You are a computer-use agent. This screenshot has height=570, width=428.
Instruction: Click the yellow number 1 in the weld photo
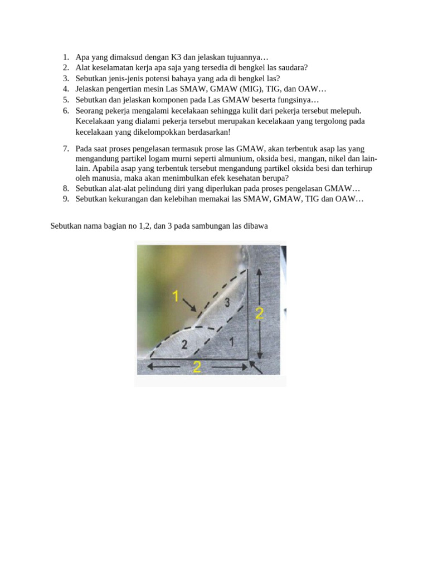click(176, 296)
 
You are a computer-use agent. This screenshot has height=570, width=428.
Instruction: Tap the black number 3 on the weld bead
click(226, 302)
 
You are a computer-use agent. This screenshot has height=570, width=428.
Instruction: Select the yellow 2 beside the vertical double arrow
click(259, 313)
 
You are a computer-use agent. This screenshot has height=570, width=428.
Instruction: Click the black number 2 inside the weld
click(184, 345)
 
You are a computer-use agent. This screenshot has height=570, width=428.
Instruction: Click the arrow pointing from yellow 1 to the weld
click(189, 304)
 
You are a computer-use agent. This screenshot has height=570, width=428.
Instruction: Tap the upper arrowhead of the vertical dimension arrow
click(259, 271)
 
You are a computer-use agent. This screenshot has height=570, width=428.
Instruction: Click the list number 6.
click(65, 111)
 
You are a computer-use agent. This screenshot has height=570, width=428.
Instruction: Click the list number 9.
click(65, 199)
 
